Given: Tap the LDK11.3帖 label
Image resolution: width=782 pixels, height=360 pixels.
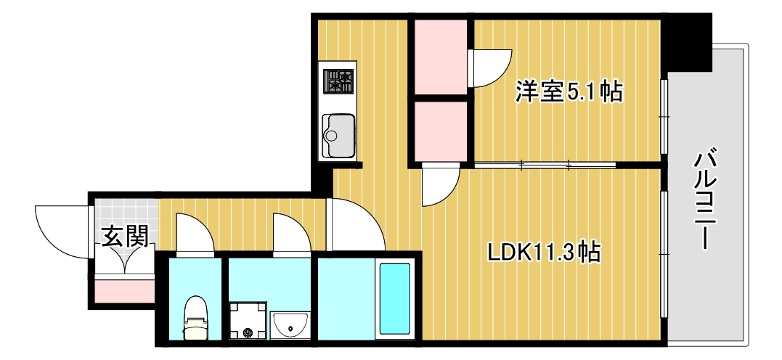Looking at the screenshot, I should coord(543,252).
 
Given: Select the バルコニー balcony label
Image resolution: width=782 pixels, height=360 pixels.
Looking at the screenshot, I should coord(703,200).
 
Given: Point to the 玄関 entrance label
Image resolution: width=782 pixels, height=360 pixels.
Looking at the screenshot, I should coord(125,237).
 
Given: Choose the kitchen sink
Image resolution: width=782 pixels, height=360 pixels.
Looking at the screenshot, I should coord(338,134).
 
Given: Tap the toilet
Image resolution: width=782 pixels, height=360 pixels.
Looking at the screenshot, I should coord(195,318).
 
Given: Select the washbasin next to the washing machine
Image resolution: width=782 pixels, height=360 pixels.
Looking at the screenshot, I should coord(290,325).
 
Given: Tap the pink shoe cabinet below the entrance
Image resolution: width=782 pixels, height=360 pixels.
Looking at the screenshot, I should coord(124,290).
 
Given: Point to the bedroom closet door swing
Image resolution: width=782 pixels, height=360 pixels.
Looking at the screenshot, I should coord(490,70).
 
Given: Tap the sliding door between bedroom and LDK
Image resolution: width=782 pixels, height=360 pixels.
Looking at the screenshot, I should coord(545,165).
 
